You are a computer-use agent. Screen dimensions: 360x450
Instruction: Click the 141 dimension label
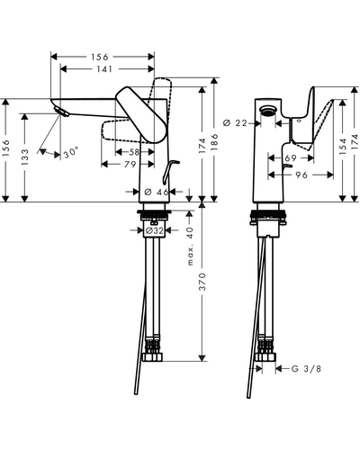coord(104,69)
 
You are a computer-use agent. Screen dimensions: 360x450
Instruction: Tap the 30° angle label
coord(71,154)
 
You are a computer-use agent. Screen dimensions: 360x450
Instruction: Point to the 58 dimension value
coord(134,152)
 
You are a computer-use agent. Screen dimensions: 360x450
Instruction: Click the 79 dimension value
coord(130,165)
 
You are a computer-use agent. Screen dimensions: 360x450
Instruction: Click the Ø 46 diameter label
coord(157,192)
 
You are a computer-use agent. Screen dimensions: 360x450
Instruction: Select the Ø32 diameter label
coord(155,230)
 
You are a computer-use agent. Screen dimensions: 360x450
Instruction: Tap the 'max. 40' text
coord(190,246)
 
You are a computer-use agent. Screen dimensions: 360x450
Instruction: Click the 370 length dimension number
coord(202,282)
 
